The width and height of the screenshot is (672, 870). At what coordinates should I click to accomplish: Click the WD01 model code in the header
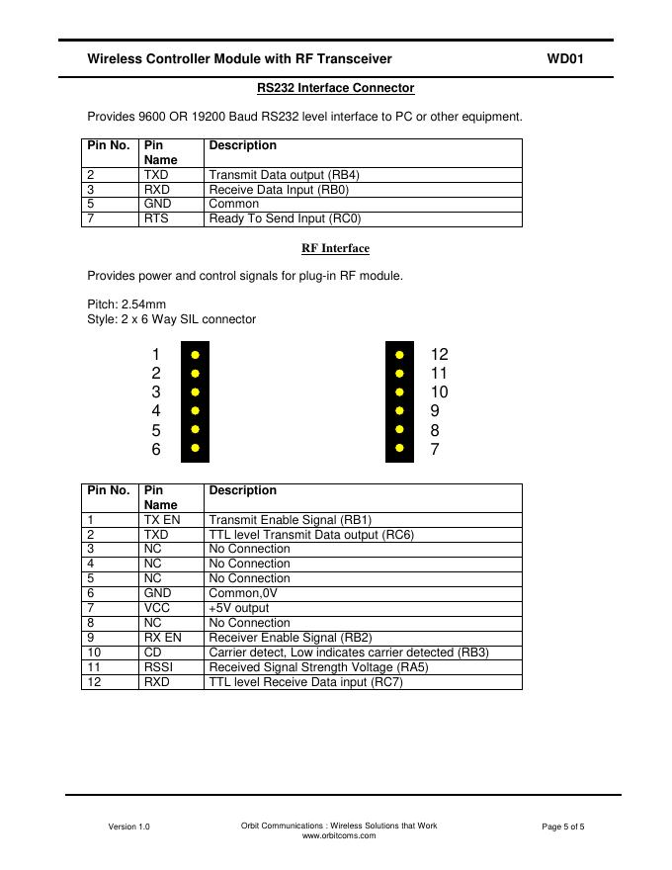click(x=565, y=59)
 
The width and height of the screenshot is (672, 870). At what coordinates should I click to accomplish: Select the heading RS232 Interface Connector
click(x=335, y=88)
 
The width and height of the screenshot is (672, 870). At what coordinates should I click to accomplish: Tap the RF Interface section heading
click(x=335, y=248)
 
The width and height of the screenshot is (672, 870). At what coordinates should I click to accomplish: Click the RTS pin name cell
click(x=156, y=218)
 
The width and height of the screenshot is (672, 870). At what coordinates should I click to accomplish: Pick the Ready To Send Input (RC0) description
click(x=285, y=218)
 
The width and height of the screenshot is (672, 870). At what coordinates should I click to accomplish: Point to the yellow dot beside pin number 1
click(x=196, y=354)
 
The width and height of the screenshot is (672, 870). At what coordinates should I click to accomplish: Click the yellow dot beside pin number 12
click(x=399, y=354)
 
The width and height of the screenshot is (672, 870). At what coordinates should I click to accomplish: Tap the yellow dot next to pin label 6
click(x=196, y=449)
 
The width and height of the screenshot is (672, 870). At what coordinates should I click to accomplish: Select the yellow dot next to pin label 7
click(x=399, y=449)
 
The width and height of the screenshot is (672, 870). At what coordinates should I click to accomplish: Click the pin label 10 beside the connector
click(x=439, y=391)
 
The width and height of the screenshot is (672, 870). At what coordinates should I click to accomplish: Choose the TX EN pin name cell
click(x=162, y=519)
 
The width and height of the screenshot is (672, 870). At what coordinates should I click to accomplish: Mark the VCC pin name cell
click(x=157, y=608)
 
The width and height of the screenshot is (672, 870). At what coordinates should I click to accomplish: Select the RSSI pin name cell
click(x=158, y=667)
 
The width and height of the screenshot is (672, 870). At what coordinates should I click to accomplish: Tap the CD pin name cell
click(x=152, y=652)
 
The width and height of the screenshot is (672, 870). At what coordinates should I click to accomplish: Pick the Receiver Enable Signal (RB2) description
click(x=291, y=638)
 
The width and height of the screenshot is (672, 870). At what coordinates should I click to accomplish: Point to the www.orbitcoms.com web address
click(x=339, y=835)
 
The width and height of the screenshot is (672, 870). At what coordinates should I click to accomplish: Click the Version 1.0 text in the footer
click(x=129, y=826)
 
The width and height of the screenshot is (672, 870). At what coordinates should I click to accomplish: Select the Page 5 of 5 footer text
click(x=563, y=826)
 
